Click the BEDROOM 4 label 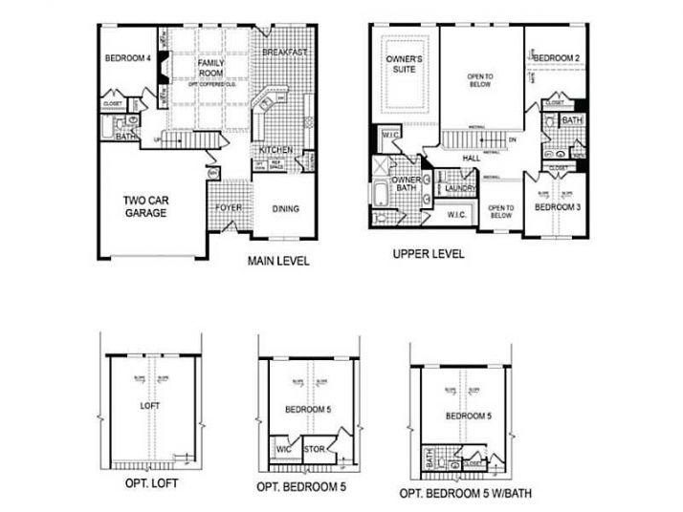click(126, 58)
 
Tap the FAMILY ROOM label click(210, 69)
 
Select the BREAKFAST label click(284, 52)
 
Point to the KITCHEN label click(276, 150)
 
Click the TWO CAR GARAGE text click(145, 206)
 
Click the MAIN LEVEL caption click(278, 261)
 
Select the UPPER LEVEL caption click(430, 254)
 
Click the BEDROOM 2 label click(557, 58)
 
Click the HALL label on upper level click(471, 160)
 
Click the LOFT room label click(151, 404)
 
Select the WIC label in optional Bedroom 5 click(283, 448)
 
